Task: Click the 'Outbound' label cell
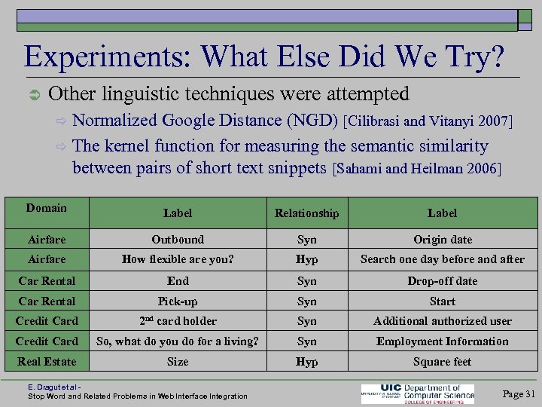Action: click(178, 240)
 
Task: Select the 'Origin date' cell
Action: click(443, 240)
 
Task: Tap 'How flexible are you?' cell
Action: click(178, 259)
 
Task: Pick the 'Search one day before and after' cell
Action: click(443, 259)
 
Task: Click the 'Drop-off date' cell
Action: click(443, 281)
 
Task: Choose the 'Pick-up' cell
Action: click(178, 301)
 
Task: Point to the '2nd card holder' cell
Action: click(178, 321)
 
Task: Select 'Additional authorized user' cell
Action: click(443, 321)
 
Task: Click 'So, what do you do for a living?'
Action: click(178, 341)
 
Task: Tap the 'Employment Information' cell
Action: click(443, 341)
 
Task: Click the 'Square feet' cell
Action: click(443, 362)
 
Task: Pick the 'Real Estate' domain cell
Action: click(47, 362)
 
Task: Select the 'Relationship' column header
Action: click(306, 213)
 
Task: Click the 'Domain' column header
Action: click(47, 208)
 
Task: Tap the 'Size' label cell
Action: click(178, 362)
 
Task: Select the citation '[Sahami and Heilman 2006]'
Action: click(417, 168)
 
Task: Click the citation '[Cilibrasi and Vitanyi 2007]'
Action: click(428, 121)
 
